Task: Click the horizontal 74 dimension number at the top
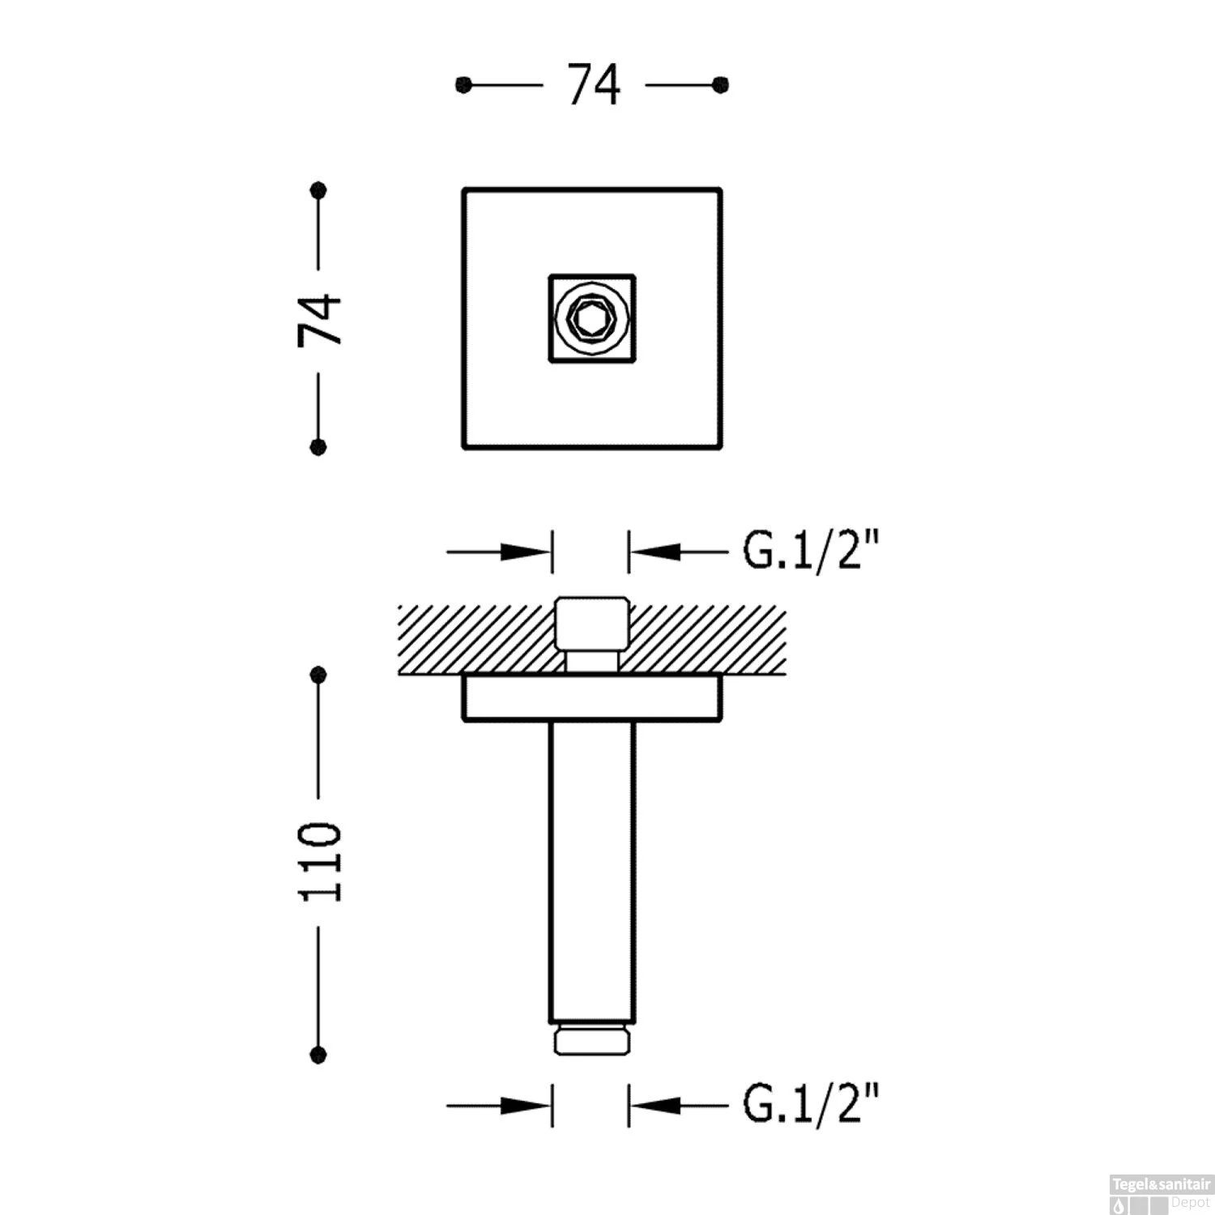(594, 85)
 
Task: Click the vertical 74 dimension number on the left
(320, 320)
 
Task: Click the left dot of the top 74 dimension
(463, 85)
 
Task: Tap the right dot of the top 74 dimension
(720, 84)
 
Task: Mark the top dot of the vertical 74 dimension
(318, 190)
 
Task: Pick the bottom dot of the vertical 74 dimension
(318, 446)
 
